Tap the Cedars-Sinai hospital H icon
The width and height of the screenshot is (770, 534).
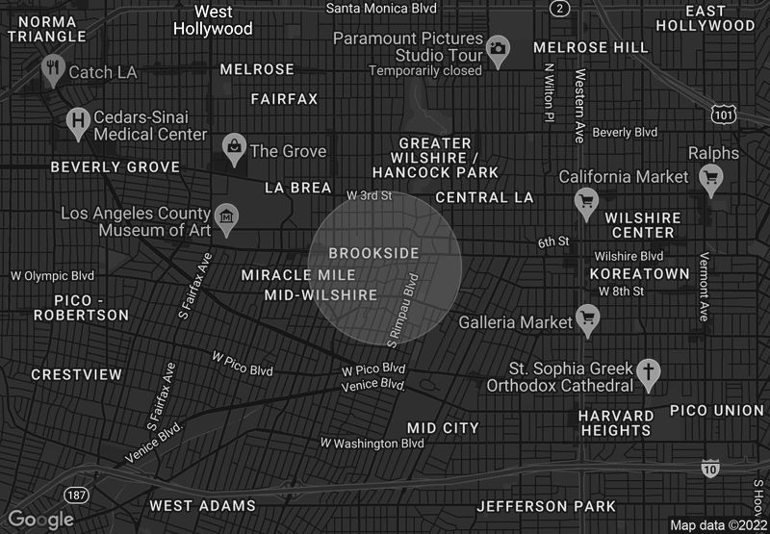pos(78,122)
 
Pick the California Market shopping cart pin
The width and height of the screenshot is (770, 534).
pos(586,200)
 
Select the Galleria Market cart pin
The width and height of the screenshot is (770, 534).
pos(587,318)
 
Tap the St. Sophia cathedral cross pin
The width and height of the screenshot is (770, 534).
pos(649,373)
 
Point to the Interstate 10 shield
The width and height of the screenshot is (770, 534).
pos(709,469)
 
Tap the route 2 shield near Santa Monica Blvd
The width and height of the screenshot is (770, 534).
pos(559,9)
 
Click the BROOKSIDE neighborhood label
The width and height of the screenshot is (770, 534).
pos(373,253)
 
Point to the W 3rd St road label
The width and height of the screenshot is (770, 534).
pos(370,195)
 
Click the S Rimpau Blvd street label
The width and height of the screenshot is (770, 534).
pos(404,310)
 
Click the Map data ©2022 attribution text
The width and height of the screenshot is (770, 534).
pos(718,525)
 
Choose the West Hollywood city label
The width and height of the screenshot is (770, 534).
pos(213,20)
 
